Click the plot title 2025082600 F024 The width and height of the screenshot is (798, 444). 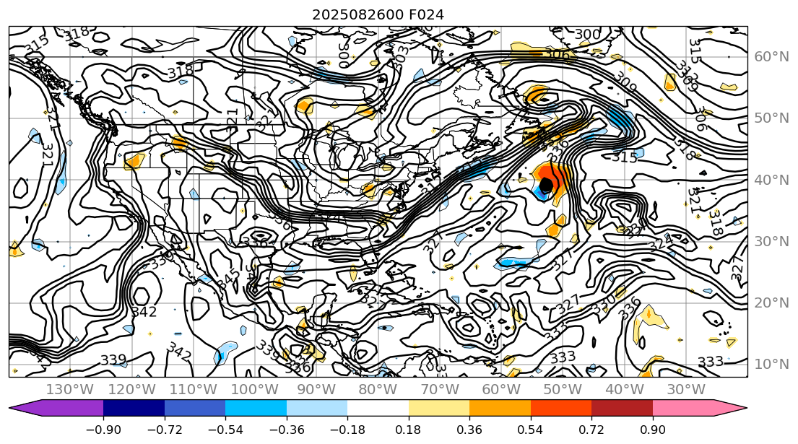[378, 14]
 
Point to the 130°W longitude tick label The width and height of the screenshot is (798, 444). [70, 390]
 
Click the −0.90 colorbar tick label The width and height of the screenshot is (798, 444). [103, 430]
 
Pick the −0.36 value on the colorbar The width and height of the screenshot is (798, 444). [286, 430]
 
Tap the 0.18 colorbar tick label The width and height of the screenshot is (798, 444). [409, 430]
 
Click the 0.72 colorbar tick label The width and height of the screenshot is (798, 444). [591, 430]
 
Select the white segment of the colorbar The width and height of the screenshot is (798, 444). [378, 409]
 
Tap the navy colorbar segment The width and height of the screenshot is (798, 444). [134, 409]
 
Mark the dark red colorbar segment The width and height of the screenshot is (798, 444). [623, 409]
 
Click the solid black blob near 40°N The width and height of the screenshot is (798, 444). [546, 185]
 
